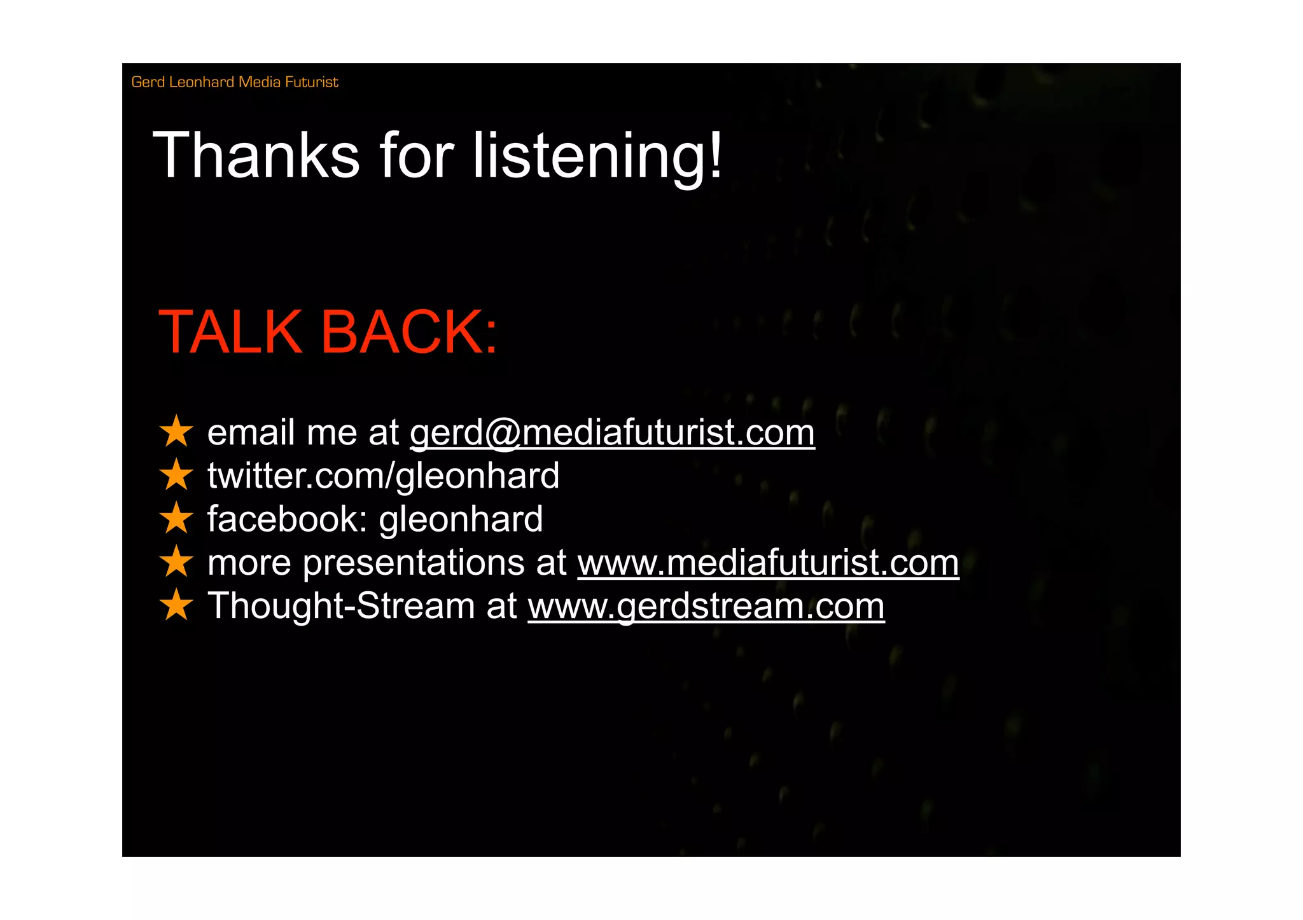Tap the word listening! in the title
pyautogui.click(x=597, y=156)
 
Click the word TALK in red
pyautogui.click(x=230, y=332)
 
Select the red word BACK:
pyautogui.click(x=409, y=332)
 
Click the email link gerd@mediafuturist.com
pyautogui.click(x=611, y=433)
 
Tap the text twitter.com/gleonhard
pyautogui.click(x=383, y=476)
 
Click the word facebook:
pyautogui.click(x=287, y=519)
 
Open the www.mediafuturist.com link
pyautogui.click(x=767, y=563)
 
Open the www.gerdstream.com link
pyautogui.click(x=706, y=606)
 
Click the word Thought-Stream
pyautogui.click(x=341, y=606)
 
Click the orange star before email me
pyautogui.click(x=176, y=432)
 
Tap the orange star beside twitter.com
pyautogui.click(x=176, y=475)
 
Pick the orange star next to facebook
pyautogui.click(x=176, y=518)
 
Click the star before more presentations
pyautogui.click(x=176, y=561)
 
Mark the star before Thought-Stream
pyautogui.click(x=176, y=605)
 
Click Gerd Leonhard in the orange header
pyautogui.click(x=183, y=82)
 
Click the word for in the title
pyautogui.click(x=416, y=156)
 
